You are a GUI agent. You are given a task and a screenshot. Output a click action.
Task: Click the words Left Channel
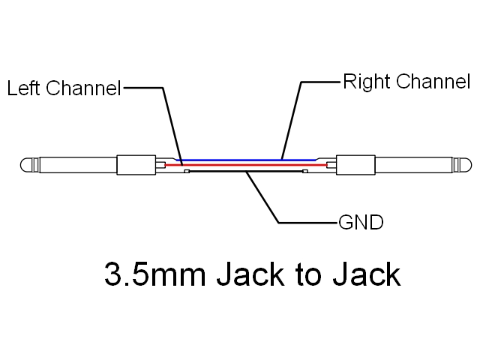pos(64,88)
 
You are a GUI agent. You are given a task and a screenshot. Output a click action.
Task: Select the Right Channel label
pos(406,81)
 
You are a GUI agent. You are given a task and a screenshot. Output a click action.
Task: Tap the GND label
pos(361,222)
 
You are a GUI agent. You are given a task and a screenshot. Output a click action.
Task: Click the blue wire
pos(247,159)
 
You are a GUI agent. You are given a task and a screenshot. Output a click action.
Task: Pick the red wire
pos(247,164)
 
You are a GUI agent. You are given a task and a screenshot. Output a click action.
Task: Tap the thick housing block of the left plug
pos(135,165)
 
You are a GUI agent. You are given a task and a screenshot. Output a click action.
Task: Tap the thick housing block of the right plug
pos(354,165)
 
